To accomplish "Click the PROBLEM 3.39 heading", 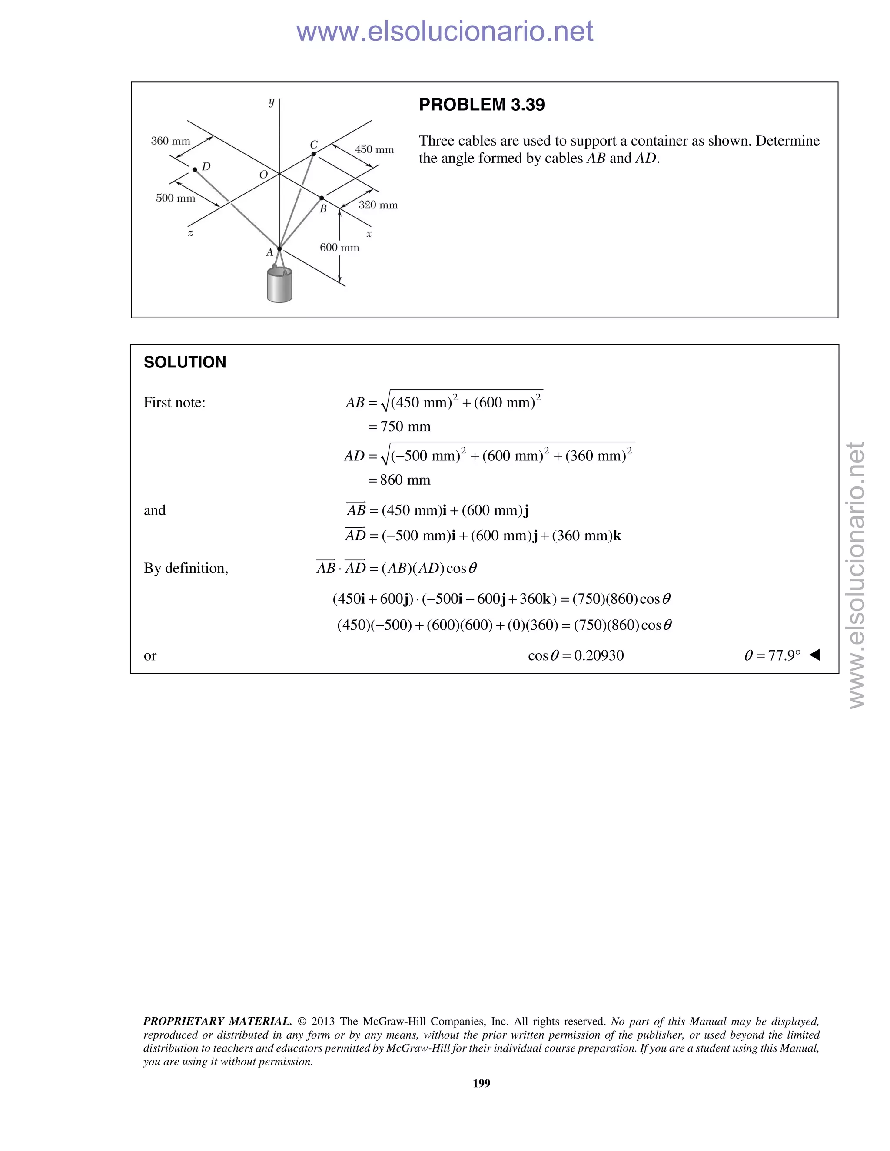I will click(x=482, y=105).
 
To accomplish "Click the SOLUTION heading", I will click(x=185, y=362).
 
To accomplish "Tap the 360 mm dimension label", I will click(x=170, y=141).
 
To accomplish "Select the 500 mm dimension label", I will click(x=175, y=198).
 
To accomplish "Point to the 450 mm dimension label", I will click(x=374, y=150).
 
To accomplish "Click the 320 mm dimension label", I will click(x=378, y=205).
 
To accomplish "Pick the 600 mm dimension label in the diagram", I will click(x=339, y=248).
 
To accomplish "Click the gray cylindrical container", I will click(x=279, y=287).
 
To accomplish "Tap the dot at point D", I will click(x=195, y=170).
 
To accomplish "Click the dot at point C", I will click(x=314, y=154).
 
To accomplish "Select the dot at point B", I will click(x=322, y=198).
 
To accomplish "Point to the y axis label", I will click(x=272, y=102).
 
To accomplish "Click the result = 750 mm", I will click(x=400, y=427).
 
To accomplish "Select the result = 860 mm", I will click(x=400, y=480).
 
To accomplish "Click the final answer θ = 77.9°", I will click(x=773, y=655).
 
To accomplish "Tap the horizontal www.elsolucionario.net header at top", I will click(x=445, y=31).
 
